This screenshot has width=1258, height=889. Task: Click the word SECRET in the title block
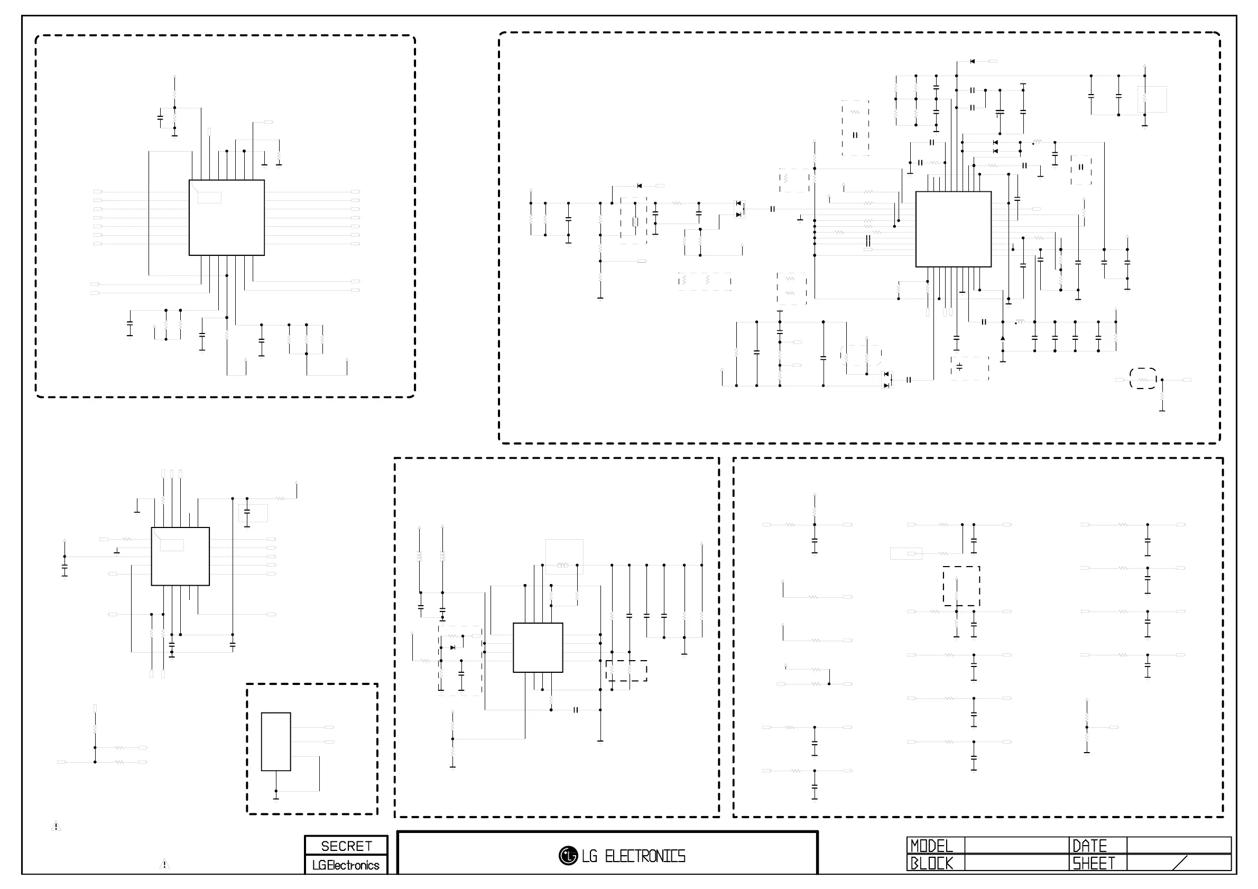pos(346,846)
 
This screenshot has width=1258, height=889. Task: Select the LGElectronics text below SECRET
pos(346,865)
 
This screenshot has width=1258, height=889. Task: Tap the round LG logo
pos(568,856)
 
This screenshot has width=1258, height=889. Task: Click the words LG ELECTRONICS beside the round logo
pos(634,856)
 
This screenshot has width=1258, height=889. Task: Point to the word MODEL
pos(931,846)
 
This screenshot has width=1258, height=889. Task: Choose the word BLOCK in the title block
pos(931,864)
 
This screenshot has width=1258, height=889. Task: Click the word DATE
pos(1090,846)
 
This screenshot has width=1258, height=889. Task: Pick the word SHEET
pos(1094,864)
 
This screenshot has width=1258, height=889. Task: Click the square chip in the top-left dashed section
pos(226,217)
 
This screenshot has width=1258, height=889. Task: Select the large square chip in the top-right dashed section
pos(954,229)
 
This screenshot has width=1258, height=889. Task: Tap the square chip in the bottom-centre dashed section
pos(538,647)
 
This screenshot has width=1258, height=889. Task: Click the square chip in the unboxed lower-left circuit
pos(180,557)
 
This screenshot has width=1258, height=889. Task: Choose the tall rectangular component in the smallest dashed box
pos(275,742)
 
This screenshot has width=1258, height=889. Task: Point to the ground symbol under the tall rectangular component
pos(276,795)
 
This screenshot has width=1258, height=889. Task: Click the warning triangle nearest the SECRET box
pos(164,864)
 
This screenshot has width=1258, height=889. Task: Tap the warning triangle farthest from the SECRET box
pos(56,826)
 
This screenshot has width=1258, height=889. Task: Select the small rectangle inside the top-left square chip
pos(209,198)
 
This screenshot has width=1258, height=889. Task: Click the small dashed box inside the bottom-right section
pos(961,586)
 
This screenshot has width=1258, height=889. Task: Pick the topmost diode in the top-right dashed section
pos(972,61)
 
